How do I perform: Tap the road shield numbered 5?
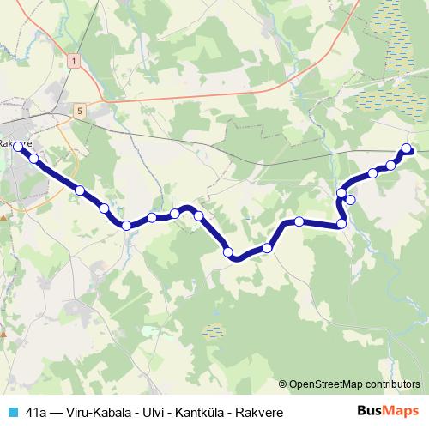(x=80, y=110)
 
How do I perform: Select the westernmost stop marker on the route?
(x=17, y=148)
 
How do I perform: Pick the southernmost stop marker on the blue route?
(x=228, y=251)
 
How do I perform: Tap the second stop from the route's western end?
(x=33, y=158)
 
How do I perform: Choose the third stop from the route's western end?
(x=79, y=190)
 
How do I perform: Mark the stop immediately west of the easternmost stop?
(x=391, y=165)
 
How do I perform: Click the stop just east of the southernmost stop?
(x=268, y=248)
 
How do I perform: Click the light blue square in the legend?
(x=11, y=412)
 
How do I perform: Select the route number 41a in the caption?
(x=36, y=412)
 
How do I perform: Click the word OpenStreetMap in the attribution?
(x=330, y=384)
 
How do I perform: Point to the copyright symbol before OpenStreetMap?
(x=283, y=384)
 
